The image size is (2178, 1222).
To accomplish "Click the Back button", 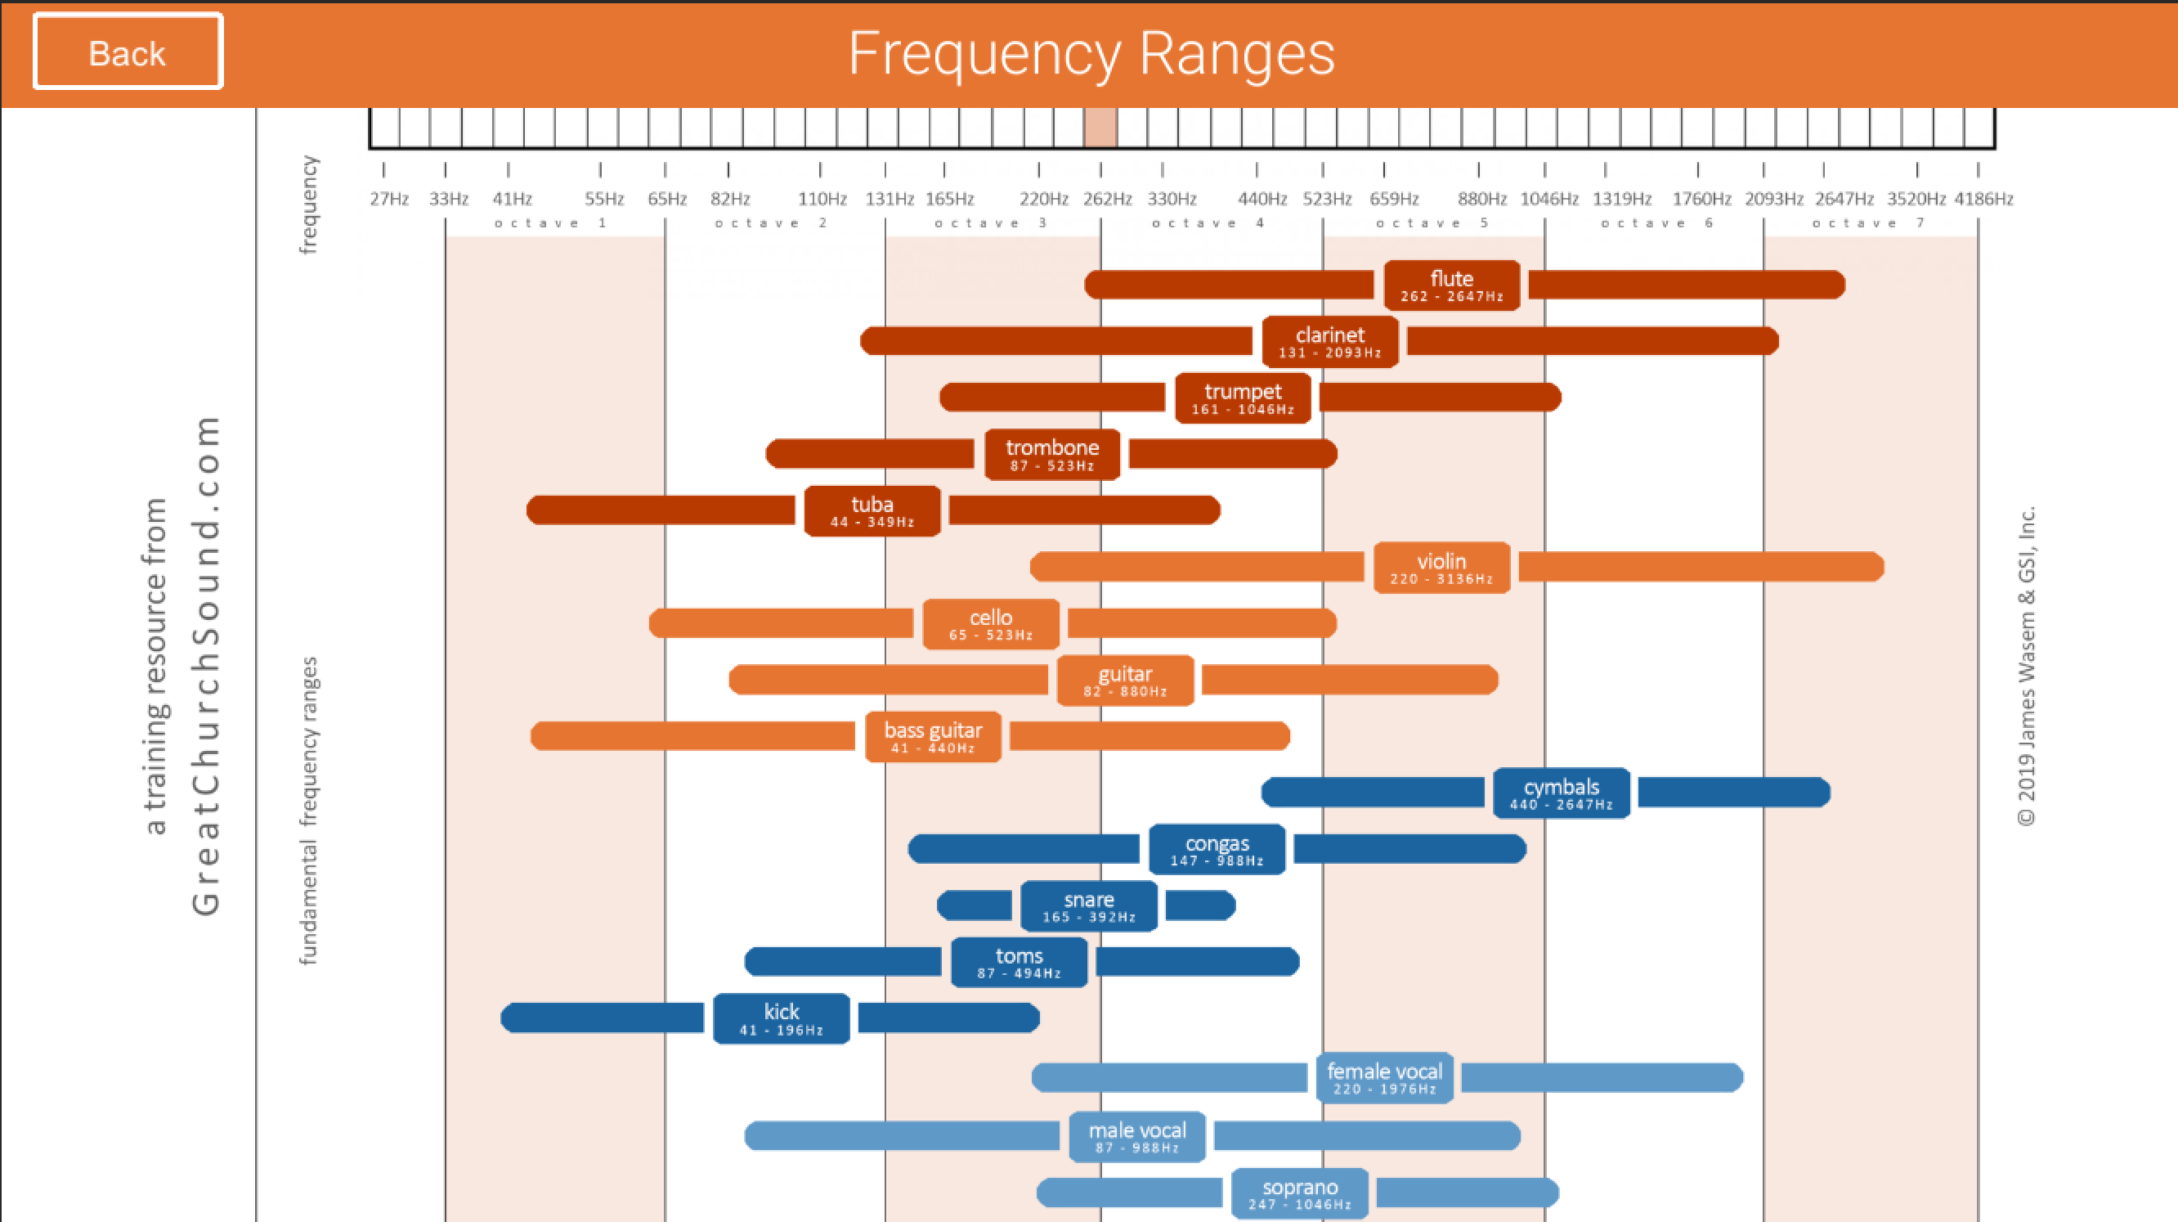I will [128, 52].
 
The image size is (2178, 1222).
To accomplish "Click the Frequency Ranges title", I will [1091, 53].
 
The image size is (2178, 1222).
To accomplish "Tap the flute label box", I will [1451, 285].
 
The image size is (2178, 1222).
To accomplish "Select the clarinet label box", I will [1329, 342].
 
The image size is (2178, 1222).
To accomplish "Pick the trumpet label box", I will [1242, 398].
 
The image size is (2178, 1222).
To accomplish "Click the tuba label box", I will [872, 510].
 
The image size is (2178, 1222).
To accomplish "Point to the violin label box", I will [1441, 568].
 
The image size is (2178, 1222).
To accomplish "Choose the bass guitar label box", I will [933, 737].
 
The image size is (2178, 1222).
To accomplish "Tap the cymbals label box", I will [1561, 793].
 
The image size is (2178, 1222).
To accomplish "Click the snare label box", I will [1088, 905].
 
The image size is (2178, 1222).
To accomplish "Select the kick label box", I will [781, 1018].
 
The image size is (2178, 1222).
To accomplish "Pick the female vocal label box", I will [1384, 1077].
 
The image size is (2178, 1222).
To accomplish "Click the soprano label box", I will [1300, 1193].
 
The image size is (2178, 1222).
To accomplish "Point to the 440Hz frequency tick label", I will [1262, 199].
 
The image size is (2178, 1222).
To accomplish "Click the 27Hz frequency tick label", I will [389, 199].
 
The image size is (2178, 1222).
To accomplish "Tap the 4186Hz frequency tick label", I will [1983, 199].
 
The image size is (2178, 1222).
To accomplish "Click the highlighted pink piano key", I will [1100, 128].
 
